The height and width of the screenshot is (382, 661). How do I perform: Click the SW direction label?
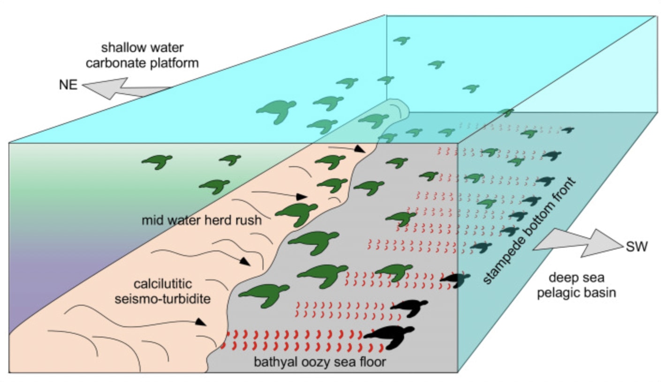636,247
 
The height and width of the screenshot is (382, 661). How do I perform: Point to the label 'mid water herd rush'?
201,220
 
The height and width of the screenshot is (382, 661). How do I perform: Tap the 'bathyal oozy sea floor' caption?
319,362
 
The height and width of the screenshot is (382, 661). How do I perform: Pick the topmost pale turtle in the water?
401,40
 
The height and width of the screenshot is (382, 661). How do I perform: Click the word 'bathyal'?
271,362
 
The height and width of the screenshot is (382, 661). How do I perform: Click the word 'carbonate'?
123,62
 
